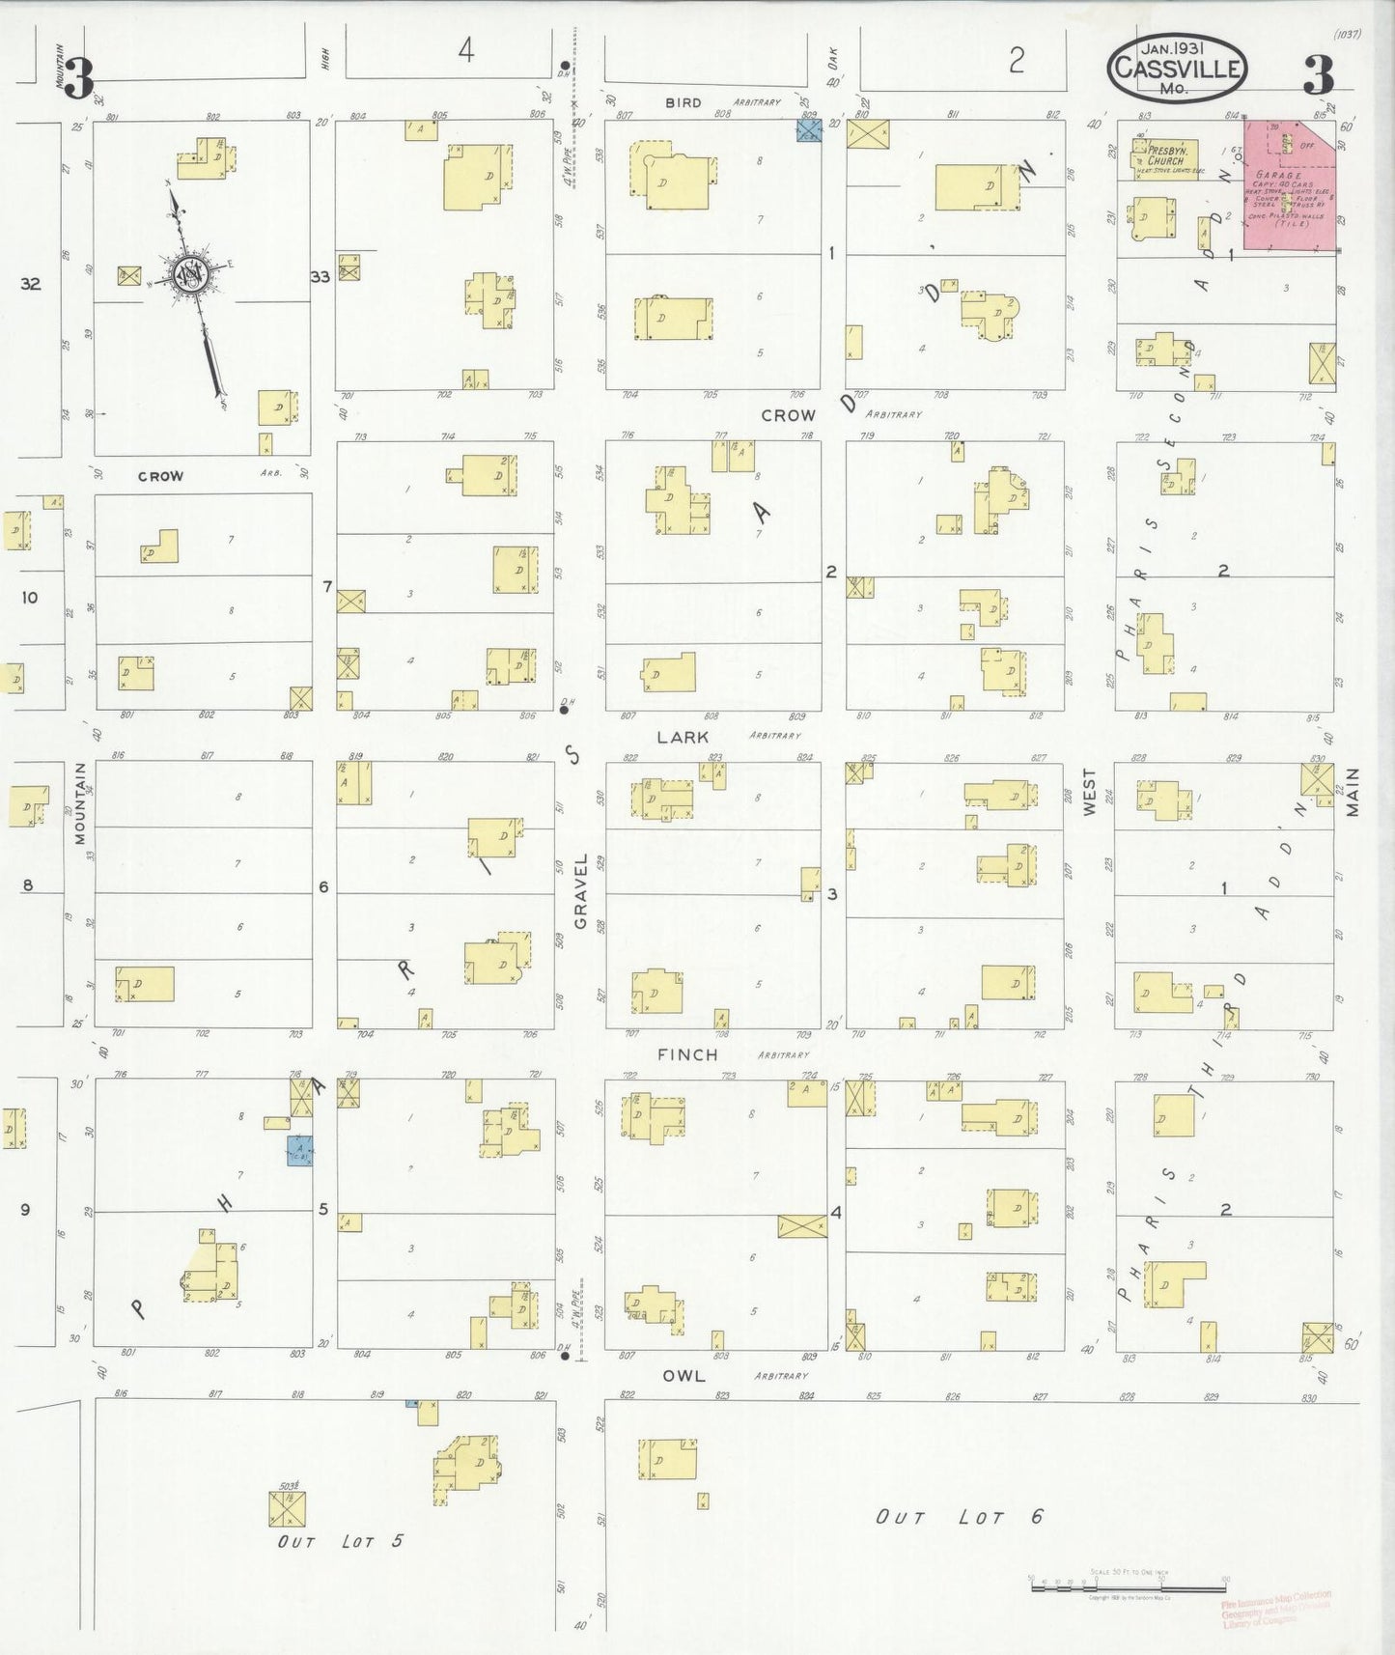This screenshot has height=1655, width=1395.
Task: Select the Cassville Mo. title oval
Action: click(x=1176, y=68)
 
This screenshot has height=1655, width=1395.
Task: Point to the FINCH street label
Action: click(x=687, y=1055)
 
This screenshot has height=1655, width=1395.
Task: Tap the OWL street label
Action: click(x=684, y=1376)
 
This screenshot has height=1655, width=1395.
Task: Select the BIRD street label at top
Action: click(x=684, y=102)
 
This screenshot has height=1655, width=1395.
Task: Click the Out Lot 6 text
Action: click(x=959, y=1516)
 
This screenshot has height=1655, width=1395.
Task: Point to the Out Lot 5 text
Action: click(x=340, y=1541)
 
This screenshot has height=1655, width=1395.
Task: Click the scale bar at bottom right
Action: click(x=1128, y=1586)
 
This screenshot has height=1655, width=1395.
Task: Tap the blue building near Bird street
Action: click(x=808, y=130)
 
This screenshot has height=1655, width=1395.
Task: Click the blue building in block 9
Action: click(x=299, y=1151)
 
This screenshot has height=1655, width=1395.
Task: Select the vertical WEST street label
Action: click(x=1089, y=793)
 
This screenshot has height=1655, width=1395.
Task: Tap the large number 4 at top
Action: click(x=465, y=51)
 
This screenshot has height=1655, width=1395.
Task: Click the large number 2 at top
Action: click(x=1016, y=60)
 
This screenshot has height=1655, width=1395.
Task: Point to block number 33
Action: click(x=321, y=277)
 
